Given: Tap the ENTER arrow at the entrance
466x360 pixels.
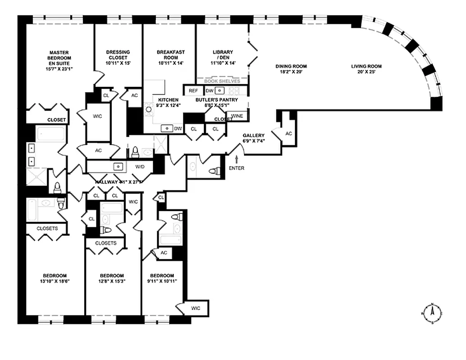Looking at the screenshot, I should (x=237, y=160).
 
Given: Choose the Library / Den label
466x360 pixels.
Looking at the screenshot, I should (x=223, y=58).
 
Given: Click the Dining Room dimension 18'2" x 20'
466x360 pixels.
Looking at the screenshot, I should (x=291, y=72).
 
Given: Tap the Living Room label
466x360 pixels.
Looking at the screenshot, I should (x=366, y=66).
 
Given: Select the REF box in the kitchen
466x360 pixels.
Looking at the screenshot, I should (x=193, y=90).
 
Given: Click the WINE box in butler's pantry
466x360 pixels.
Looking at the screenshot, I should (x=237, y=116).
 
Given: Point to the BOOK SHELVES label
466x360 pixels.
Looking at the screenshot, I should (x=222, y=81).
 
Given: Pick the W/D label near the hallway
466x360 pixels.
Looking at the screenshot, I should (x=140, y=167).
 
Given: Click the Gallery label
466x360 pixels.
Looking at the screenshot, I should (x=253, y=135).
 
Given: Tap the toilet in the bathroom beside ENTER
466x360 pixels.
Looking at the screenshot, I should (x=216, y=171).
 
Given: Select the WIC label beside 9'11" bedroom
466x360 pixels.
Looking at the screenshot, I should (x=195, y=308).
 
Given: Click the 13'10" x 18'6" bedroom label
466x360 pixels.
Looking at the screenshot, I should (x=55, y=279).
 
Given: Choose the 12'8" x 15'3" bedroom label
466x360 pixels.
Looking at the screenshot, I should (x=112, y=279).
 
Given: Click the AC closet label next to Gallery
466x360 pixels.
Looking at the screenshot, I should (x=289, y=134).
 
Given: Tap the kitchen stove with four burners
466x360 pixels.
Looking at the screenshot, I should (x=148, y=108).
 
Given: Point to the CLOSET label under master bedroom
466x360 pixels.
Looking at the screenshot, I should (x=57, y=120).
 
